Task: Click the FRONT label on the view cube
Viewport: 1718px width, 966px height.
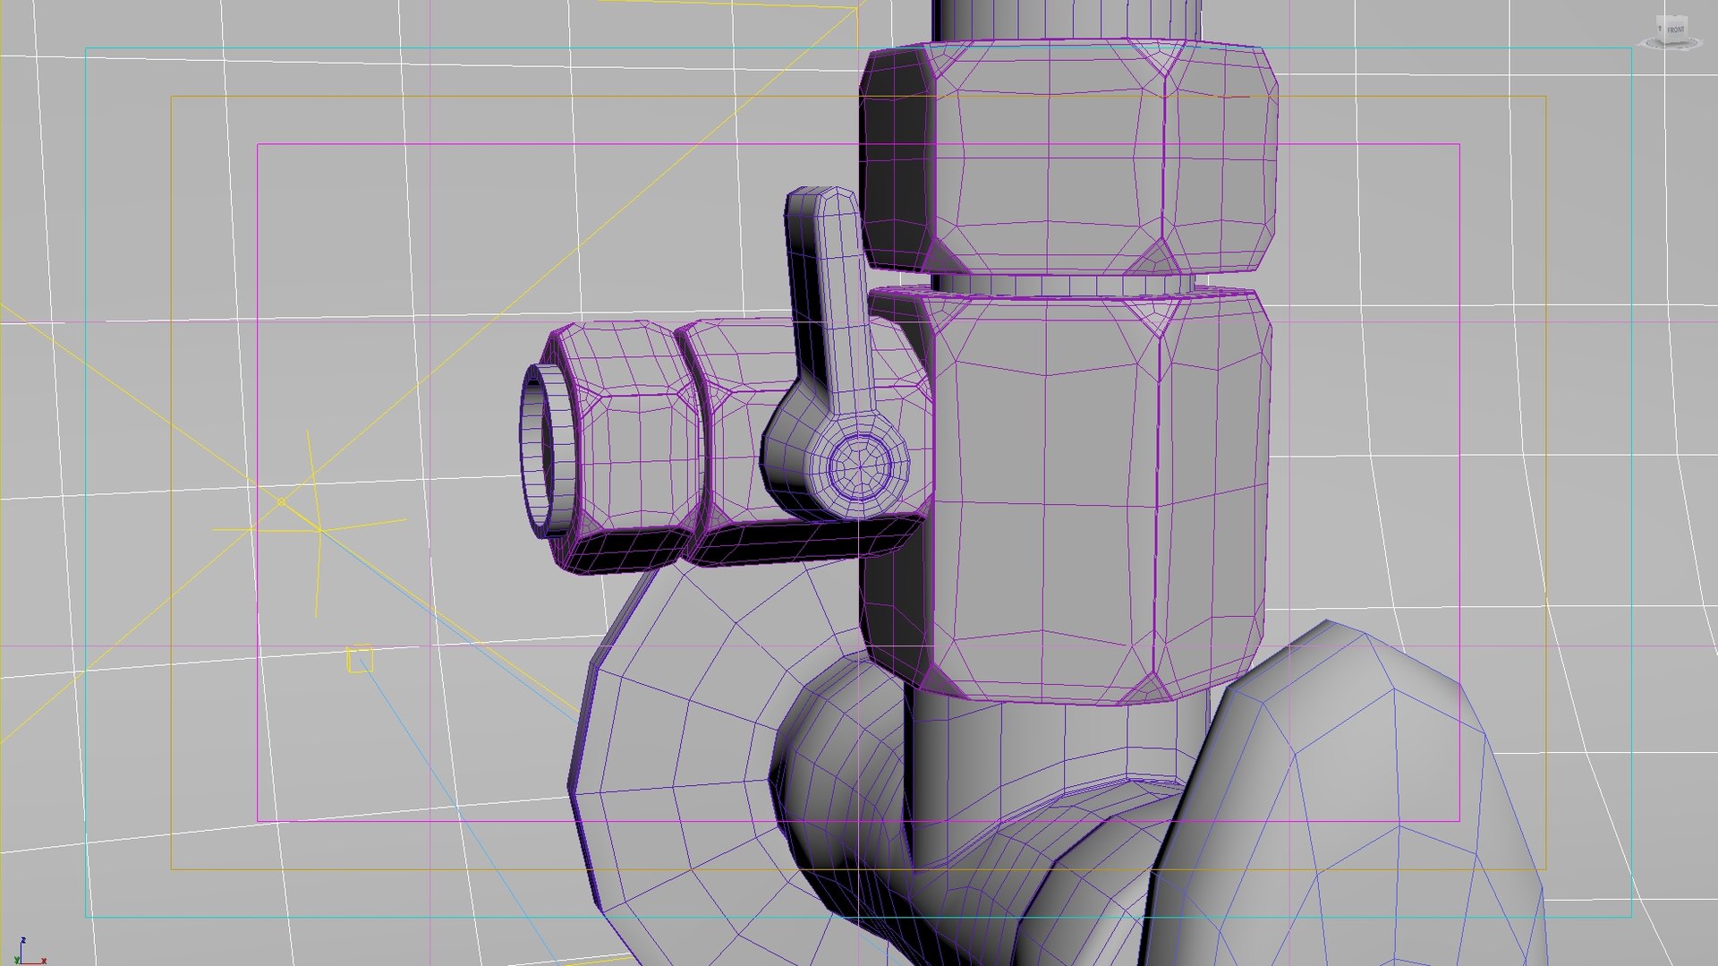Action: (x=1675, y=30)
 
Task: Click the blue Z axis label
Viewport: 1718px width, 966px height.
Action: (x=22, y=940)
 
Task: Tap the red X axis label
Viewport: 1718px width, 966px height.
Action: (x=43, y=961)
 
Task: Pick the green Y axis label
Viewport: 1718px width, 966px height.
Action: (x=16, y=961)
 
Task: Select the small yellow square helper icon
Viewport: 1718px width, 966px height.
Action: (x=360, y=659)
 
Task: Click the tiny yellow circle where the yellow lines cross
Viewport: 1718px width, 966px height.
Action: (x=281, y=502)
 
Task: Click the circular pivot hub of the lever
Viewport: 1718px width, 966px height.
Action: (x=860, y=465)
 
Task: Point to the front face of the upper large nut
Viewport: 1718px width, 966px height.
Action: (x=1056, y=161)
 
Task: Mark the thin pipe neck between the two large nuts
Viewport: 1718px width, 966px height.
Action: (x=1056, y=284)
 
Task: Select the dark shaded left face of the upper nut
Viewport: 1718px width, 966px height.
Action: (x=895, y=161)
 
